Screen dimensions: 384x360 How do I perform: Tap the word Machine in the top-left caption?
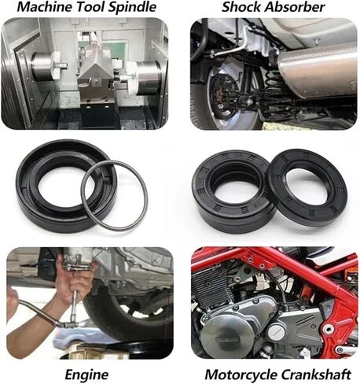(x=31, y=8)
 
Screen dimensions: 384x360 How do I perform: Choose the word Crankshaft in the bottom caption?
(x=318, y=373)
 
